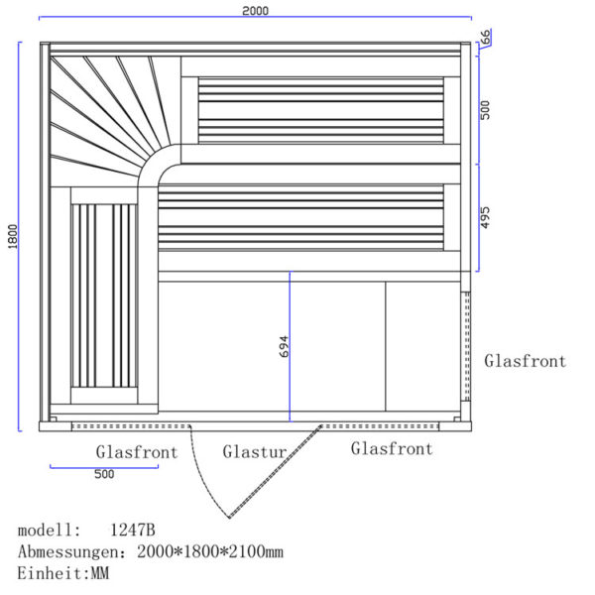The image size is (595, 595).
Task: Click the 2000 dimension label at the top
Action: coord(256,11)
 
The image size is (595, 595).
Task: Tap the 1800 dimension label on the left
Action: coord(13,236)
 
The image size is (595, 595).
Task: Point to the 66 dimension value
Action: coord(485,37)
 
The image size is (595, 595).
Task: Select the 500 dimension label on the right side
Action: coord(485,110)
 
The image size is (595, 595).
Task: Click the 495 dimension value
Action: coord(485,217)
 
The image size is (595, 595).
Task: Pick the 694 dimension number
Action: coord(284,346)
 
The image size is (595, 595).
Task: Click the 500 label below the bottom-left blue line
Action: coord(104,474)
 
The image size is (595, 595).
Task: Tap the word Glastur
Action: coord(255,452)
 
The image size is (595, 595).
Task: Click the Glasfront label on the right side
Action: coord(526,361)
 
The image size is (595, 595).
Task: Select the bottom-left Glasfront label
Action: coord(137,452)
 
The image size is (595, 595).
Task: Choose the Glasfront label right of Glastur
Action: coord(392,448)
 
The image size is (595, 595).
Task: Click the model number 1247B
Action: coord(133,530)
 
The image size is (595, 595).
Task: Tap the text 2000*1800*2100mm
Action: coord(210,551)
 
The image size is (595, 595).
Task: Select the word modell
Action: coord(46,530)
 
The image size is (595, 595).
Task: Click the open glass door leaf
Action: coord(276,471)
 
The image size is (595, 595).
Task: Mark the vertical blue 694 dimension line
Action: coord(290,346)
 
